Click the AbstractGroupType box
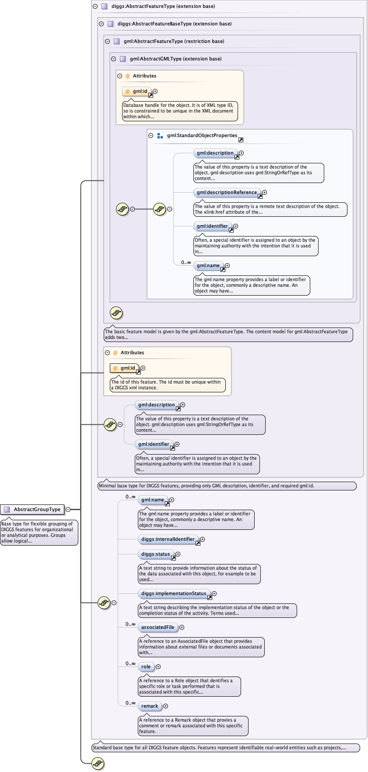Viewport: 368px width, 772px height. pos(33,509)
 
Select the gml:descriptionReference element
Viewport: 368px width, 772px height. pos(227,192)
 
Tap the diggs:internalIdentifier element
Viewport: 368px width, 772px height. pos(168,539)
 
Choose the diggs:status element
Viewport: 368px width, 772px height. pos(155,554)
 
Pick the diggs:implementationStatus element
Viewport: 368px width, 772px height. pos(173,593)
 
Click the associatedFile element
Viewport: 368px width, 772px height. pos(158,627)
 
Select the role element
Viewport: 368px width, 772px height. pos(146,666)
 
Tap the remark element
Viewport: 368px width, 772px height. pos(150,706)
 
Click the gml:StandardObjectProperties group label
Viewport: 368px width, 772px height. pos(202,136)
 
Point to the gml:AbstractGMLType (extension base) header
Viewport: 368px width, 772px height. pos(175,59)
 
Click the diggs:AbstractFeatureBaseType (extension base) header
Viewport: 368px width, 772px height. pos(174,24)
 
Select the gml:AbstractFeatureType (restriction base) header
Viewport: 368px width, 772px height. pos(174,41)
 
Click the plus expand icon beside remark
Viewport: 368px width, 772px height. pos(165,706)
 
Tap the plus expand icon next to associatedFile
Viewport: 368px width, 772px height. pos(182,627)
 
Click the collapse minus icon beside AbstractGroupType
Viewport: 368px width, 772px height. pos(68,509)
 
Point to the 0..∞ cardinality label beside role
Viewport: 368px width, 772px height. pos(130,663)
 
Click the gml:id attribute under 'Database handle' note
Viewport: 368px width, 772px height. pos(140,92)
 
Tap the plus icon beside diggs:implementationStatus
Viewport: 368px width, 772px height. pos(214,593)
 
